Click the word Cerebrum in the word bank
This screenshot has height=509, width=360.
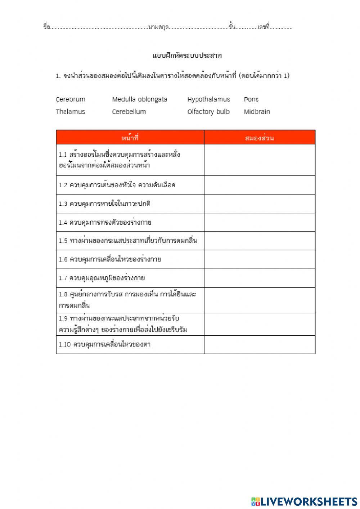(71, 99)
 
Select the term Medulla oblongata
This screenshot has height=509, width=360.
(139, 99)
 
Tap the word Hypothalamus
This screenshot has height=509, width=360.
(208, 99)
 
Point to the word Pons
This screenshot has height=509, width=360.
(251, 99)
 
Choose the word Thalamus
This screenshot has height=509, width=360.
(71, 112)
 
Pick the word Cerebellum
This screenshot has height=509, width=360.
(129, 112)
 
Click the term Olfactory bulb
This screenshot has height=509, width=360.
(208, 112)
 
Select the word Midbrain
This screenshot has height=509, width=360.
(257, 112)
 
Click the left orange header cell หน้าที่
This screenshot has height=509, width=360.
(130, 138)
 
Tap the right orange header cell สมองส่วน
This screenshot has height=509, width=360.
(260, 138)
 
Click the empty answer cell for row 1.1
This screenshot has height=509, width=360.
(260, 160)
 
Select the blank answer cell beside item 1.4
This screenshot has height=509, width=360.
(260, 222)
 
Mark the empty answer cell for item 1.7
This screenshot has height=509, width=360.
(260, 278)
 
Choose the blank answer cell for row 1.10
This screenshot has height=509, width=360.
(260, 344)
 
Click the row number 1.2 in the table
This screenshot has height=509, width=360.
(63, 185)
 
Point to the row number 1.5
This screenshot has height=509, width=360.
(63, 241)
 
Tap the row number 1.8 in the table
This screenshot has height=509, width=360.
(63, 294)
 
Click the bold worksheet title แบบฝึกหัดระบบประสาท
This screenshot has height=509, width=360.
(187, 56)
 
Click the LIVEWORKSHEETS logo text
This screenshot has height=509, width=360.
(308, 501)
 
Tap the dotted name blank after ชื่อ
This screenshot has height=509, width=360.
(99, 27)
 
